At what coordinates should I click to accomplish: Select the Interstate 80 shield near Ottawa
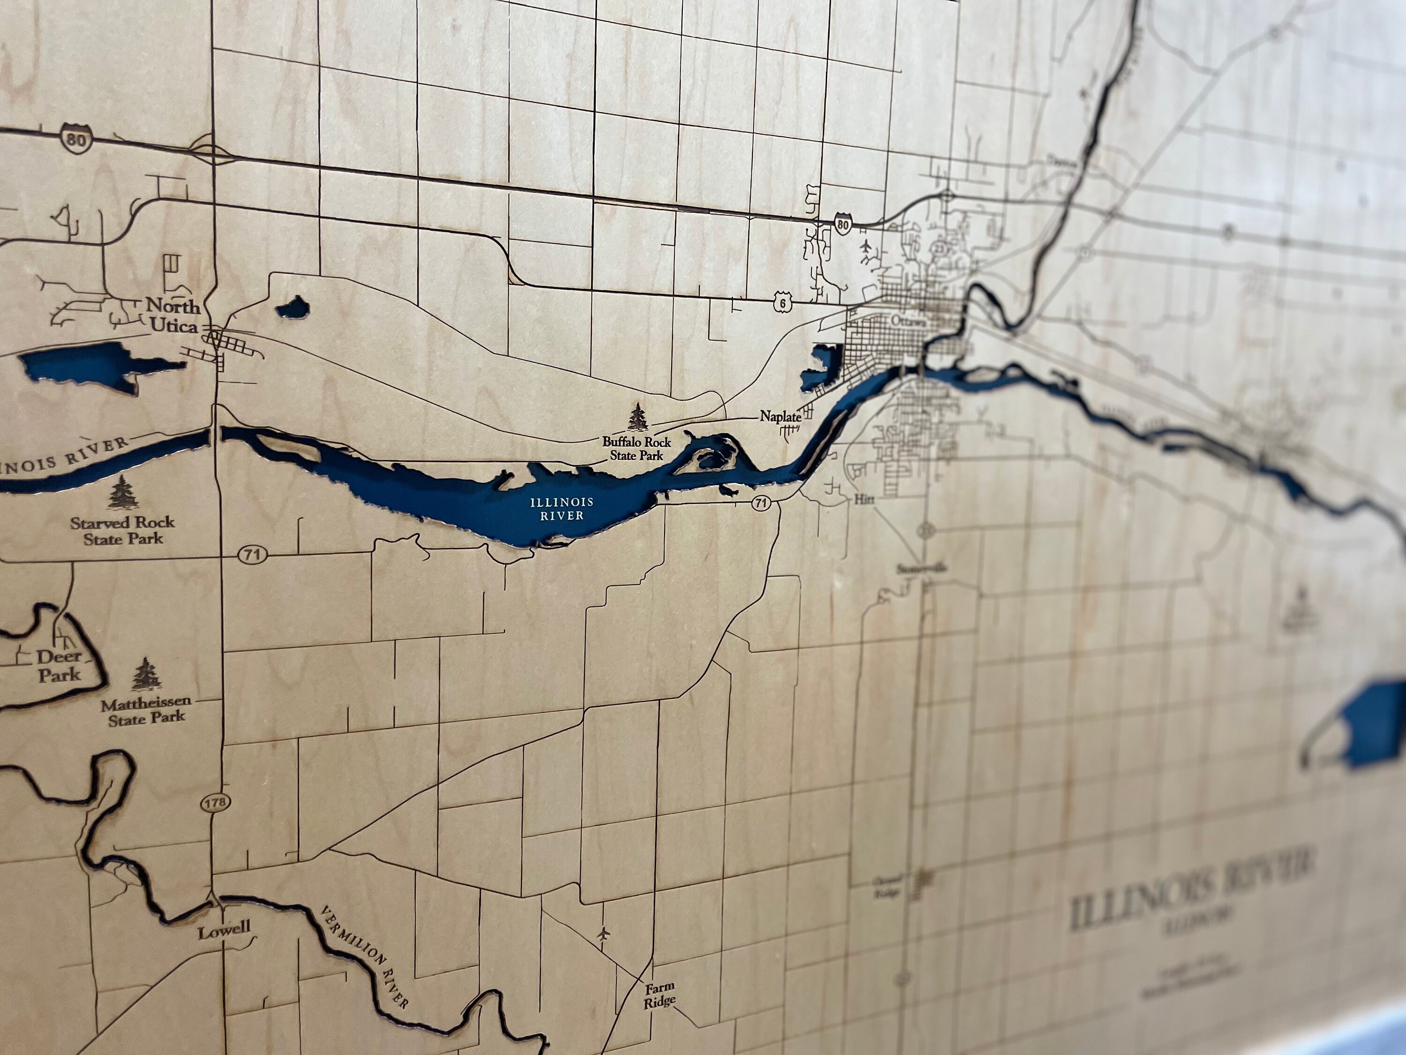pos(843,224)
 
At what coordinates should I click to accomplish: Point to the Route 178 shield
pos(214,803)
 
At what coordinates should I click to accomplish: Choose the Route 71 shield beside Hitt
pos(760,504)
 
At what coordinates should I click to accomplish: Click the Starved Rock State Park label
pos(122,530)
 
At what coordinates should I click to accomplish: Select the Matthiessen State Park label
pos(146,712)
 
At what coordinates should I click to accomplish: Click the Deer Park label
pos(60,665)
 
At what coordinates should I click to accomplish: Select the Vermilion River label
pos(364,957)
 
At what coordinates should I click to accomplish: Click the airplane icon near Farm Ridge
pos(603,934)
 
